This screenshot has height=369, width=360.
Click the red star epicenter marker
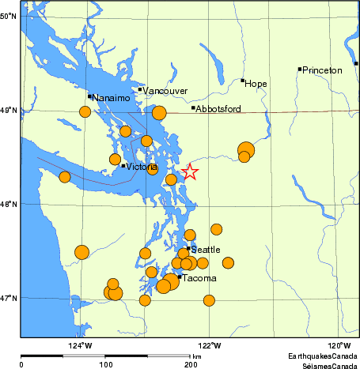(x=189, y=171)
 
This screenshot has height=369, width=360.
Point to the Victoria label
(x=142, y=168)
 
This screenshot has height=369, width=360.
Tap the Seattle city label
(x=206, y=250)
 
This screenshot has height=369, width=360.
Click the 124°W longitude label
(x=79, y=345)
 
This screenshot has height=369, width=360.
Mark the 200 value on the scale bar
(x=191, y=365)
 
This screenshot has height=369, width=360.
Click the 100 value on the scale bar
(x=105, y=365)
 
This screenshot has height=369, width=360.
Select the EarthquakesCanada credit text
(x=322, y=356)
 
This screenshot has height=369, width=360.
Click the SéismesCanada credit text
(x=324, y=364)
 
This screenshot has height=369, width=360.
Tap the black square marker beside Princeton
(x=300, y=69)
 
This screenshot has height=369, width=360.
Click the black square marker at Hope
(x=242, y=81)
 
